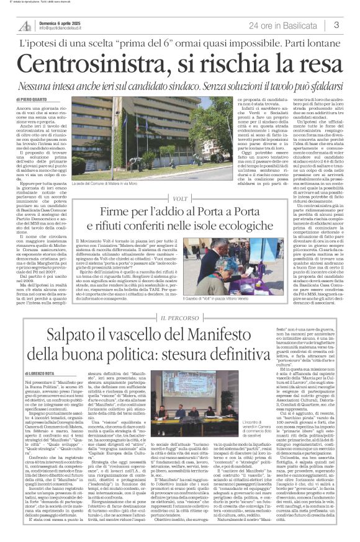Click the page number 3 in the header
pyautogui.click(x=336, y=25)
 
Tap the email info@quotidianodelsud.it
pyautogui.click(x=68, y=29)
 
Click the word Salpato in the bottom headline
pyautogui.click(x=63, y=352)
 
